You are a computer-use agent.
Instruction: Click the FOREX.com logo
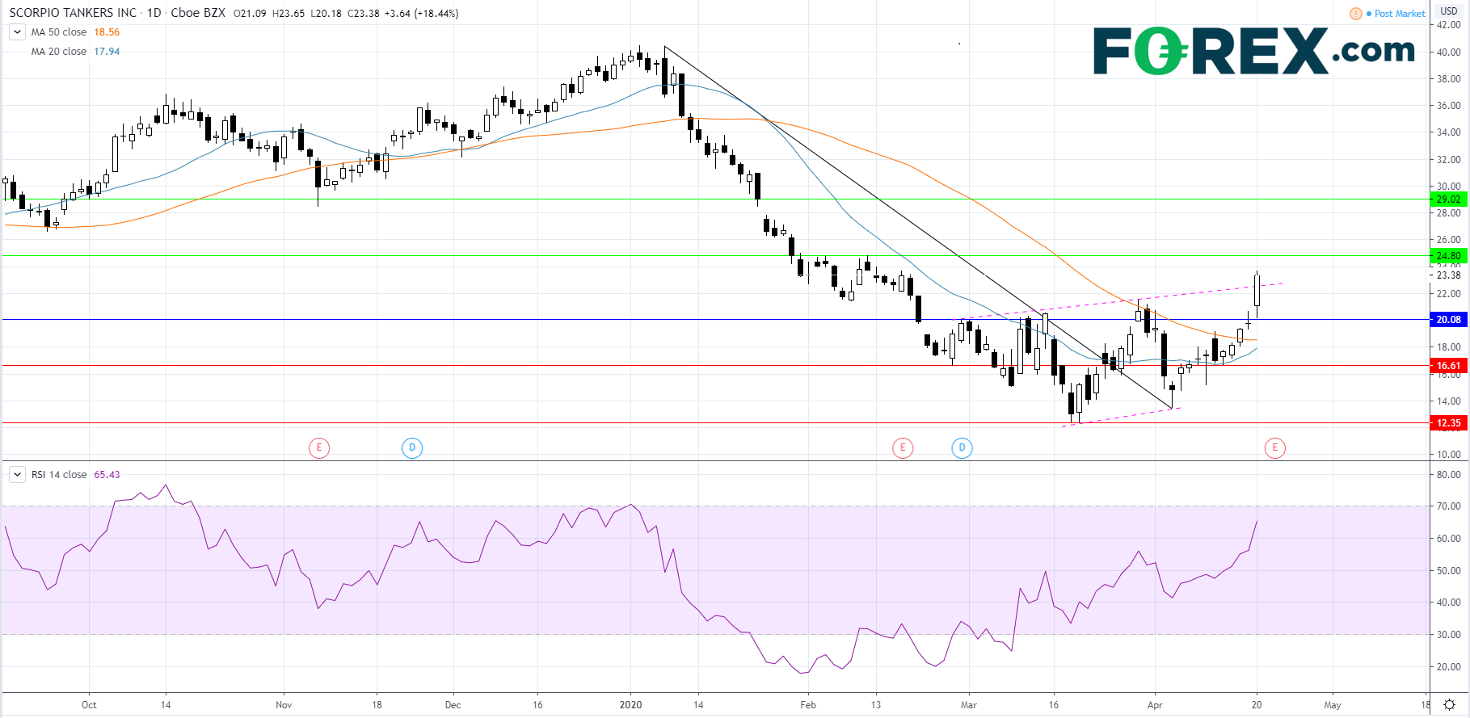[x=1253, y=51]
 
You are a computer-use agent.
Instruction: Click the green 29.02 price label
[x=1448, y=199]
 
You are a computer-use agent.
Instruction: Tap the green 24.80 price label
[x=1448, y=256]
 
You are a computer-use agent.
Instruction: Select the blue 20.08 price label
[x=1448, y=320]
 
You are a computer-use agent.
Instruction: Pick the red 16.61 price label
[x=1448, y=366]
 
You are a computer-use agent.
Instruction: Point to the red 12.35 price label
[x=1448, y=423]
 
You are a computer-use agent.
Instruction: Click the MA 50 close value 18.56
[x=107, y=32]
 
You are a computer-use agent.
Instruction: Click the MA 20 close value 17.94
[x=107, y=52]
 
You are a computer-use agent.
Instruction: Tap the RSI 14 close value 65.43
[x=107, y=475]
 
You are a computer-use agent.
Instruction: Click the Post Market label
[x=1400, y=14]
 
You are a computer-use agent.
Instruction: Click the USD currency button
[x=1449, y=11]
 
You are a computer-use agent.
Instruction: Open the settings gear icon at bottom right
[x=1450, y=705]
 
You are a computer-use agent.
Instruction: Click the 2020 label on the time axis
[x=630, y=705]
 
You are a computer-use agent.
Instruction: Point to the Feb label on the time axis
[x=808, y=705]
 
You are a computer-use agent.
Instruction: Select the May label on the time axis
[x=1333, y=705]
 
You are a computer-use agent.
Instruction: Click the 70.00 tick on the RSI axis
[x=1449, y=506]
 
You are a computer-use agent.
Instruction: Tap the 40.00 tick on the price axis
[x=1449, y=52]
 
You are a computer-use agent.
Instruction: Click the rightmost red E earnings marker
[x=1275, y=447]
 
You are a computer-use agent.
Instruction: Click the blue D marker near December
[x=412, y=447]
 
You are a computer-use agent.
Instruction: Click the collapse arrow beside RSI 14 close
[x=17, y=475]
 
